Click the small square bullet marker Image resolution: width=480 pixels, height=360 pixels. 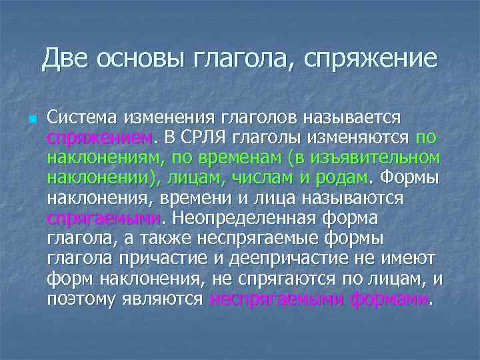click(31, 119)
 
